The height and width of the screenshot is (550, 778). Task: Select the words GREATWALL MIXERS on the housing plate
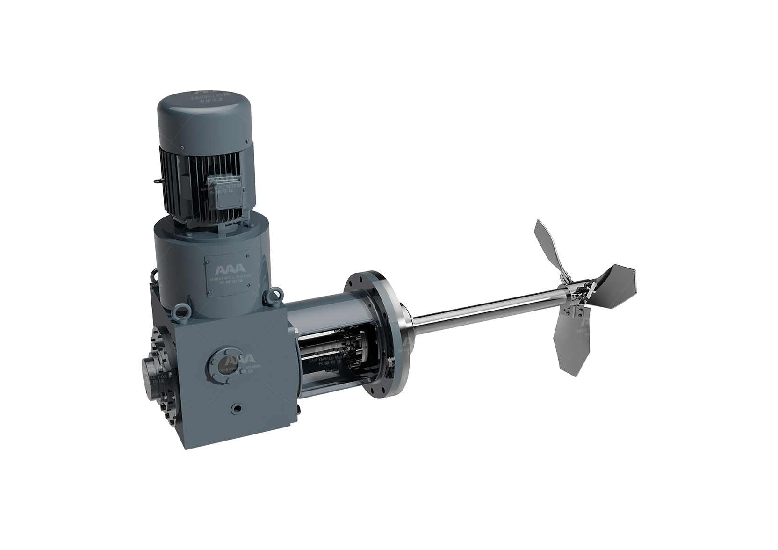[231, 276]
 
